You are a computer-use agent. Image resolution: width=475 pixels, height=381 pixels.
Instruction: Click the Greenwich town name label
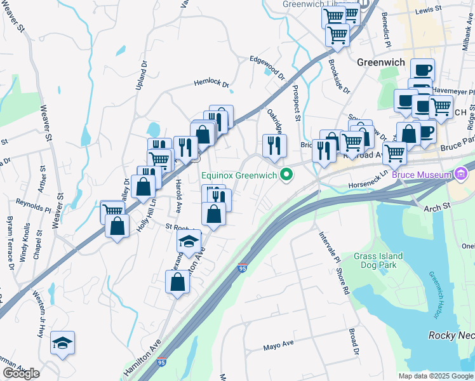[x=381, y=62]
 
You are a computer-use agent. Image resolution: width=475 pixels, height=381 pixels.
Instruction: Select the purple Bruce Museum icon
[x=461, y=173]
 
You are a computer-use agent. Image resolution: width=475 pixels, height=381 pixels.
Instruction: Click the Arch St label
[x=437, y=206]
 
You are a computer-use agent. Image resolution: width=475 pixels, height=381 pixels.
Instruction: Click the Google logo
[x=21, y=373]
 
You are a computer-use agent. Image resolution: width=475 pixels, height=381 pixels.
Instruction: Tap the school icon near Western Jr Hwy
[x=62, y=344]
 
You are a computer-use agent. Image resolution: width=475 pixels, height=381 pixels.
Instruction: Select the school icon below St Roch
[x=188, y=242]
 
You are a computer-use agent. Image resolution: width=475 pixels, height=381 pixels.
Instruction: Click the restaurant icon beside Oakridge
[x=274, y=145]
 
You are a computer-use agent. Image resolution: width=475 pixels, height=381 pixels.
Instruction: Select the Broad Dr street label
[x=354, y=343]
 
